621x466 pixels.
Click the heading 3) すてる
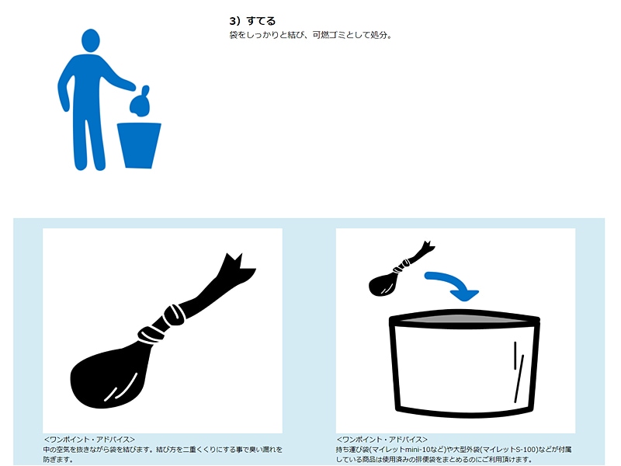point(252,21)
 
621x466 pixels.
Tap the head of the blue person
point(91,40)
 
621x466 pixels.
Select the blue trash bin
point(139,145)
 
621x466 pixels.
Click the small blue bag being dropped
point(141,103)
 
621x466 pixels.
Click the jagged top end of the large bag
point(237,268)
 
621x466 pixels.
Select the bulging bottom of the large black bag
point(108,377)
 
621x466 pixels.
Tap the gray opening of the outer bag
point(463,318)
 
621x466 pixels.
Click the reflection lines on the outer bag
point(519,372)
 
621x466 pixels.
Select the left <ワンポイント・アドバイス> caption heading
point(89,440)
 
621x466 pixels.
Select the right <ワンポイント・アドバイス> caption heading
point(382,440)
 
